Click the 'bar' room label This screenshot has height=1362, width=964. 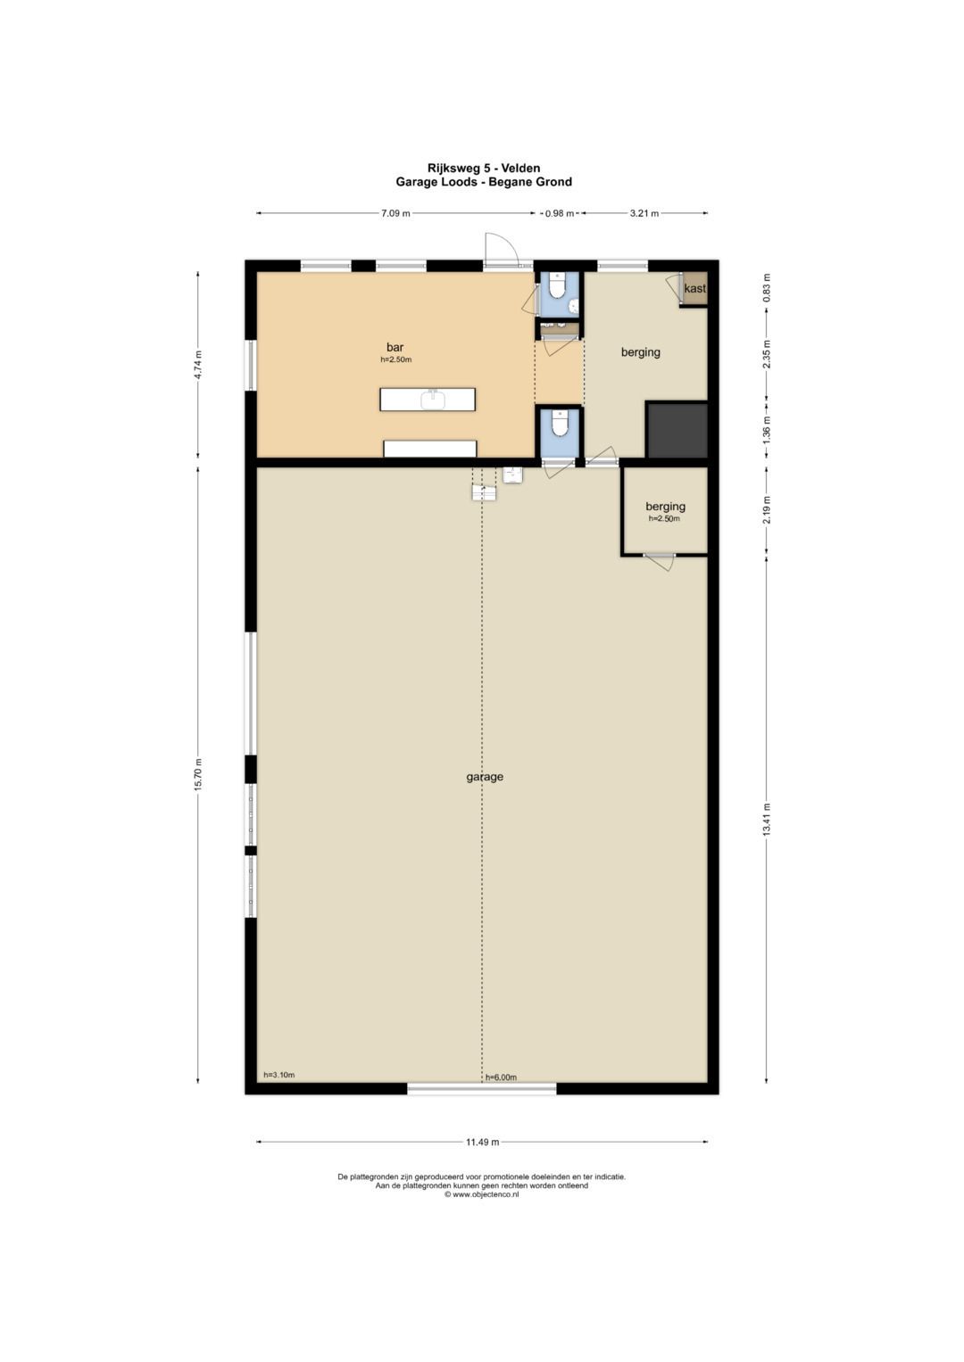pyautogui.click(x=395, y=347)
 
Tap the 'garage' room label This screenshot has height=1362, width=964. pyautogui.click(x=485, y=777)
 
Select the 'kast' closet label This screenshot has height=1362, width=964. pyautogui.click(x=694, y=288)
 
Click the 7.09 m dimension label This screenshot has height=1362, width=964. pyautogui.click(x=395, y=213)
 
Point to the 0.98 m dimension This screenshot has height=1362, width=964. pyautogui.click(x=560, y=213)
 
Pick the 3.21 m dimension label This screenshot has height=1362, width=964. pyautogui.click(x=644, y=213)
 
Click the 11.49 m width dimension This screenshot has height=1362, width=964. pyautogui.click(x=483, y=1142)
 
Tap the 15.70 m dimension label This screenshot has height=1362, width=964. pyautogui.click(x=198, y=774)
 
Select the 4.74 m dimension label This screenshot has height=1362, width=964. pyautogui.click(x=198, y=365)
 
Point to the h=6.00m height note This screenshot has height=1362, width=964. pyautogui.click(x=501, y=1078)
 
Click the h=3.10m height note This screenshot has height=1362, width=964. pyautogui.click(x=278, y=1075)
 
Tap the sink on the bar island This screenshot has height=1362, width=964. pyautogui.click(x=433, y=400)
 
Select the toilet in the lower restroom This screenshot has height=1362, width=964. pyautogui.click(x=558, y=423)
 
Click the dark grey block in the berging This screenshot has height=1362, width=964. pyautogui.click(x=677, y=430)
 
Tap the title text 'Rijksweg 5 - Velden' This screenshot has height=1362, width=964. pyautogui.click(x=483, y=168)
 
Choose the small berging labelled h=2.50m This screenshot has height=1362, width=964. pyautogui.click(x=665, y=511)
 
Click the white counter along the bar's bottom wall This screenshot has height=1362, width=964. pyautogui.click(x=430, y=449)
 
